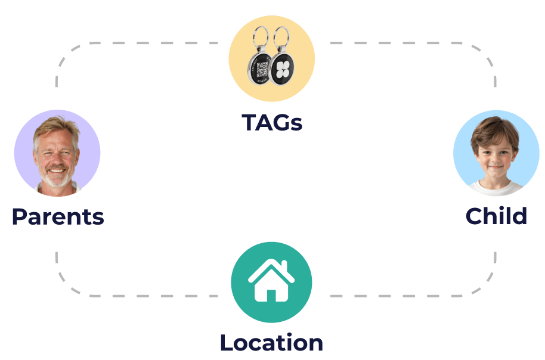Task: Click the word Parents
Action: [58, 217]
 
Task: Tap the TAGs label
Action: [272, 123]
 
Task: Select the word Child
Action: [496, 216]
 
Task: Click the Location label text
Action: [271, 343]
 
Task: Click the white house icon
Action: [271, 280]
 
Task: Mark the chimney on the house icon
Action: [287, 266]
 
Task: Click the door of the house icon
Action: [271, 293]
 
